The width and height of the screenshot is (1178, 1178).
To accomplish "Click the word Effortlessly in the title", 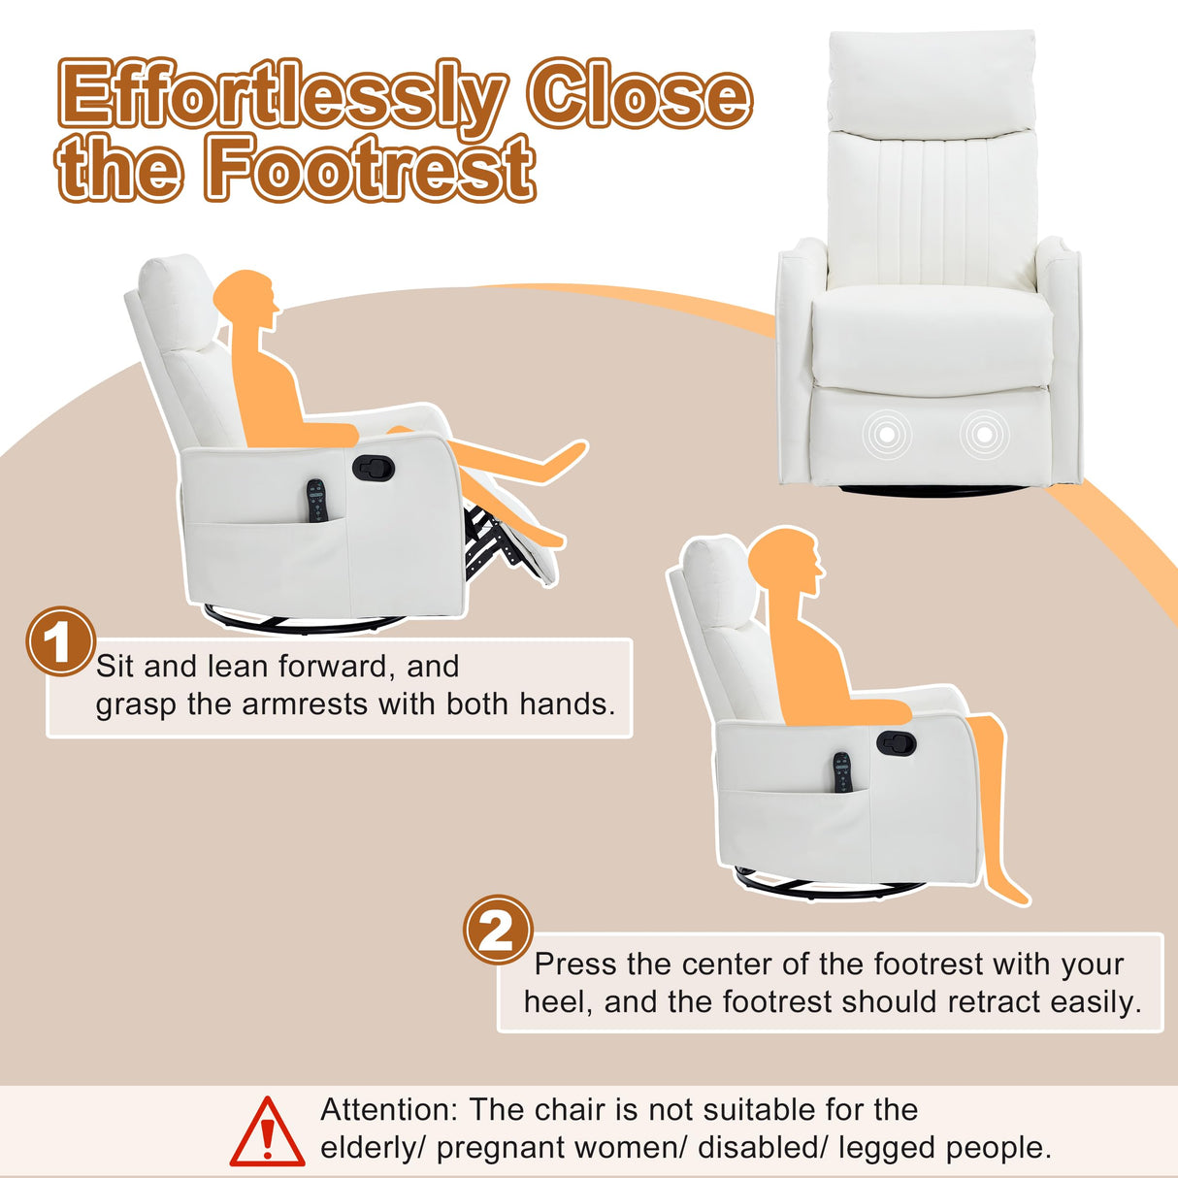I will click(282, 97).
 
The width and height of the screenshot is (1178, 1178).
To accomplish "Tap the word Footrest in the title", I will click(370, 169).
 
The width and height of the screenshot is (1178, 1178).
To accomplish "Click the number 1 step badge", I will click(60, 641).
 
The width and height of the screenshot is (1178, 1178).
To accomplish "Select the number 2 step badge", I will click(498, 930).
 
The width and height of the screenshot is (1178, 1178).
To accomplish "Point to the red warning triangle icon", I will click(267, 1133).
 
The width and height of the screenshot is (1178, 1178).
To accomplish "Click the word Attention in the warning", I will click(387, 1109).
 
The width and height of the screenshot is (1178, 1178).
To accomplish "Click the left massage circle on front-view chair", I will click(888, 436).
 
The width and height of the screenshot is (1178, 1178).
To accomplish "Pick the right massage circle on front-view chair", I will click(984, 435).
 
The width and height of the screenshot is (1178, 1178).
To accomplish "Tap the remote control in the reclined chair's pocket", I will click(317, 501).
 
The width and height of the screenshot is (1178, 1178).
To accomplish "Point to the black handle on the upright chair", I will click(896, 743).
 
